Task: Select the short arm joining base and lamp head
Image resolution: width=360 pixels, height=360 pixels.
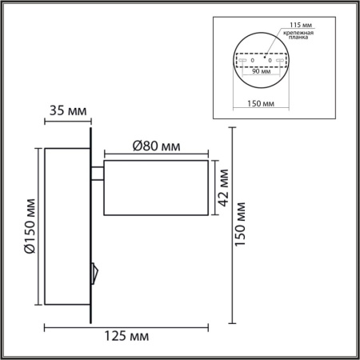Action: pyautogui.click(x=99, y=172)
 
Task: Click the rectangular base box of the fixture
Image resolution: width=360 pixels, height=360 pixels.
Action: pyautogui.click(x=68, y=228)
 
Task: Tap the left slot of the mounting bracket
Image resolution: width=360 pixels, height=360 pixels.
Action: pyautogui.click(x=243, y=60)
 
